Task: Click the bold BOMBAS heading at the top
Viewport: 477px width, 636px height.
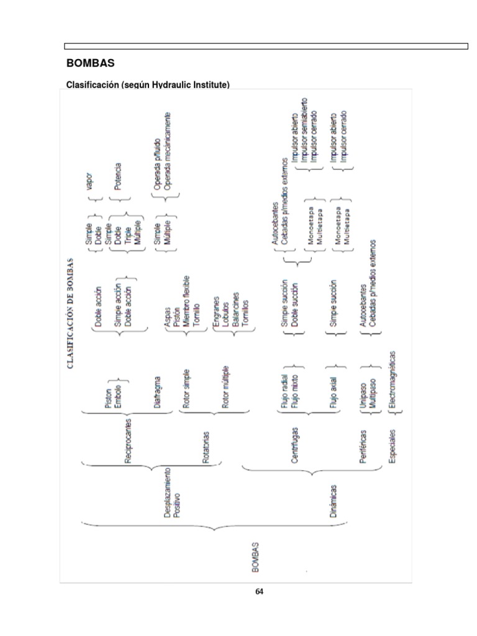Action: pyautogui.click(x=90, y=63)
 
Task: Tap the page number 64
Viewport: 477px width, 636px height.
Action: pyautogui.click(x=259, y=591)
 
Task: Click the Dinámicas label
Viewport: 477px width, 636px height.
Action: pyautogui.click(x=334, y=501)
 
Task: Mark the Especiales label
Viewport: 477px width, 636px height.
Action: pyautogui.click(x=392, y=445)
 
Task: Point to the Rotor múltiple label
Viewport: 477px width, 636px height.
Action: pyautogui.click(x=225, y=387)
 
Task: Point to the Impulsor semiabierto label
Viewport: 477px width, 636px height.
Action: pyautogui.click(x=304, y=131)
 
